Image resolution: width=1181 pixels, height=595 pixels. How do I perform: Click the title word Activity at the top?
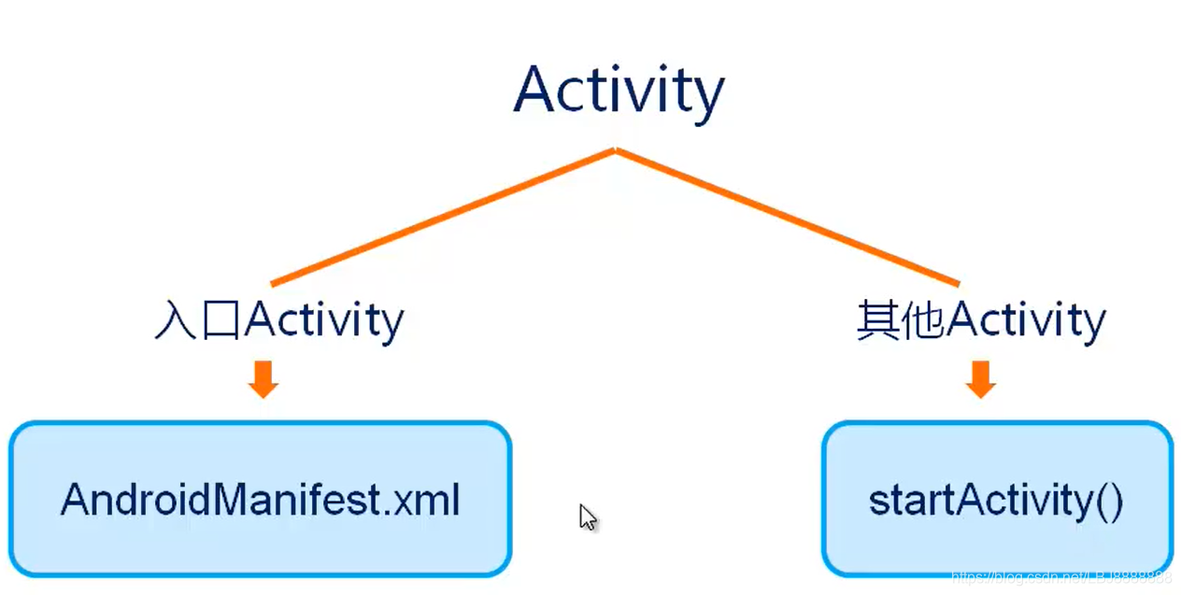619,90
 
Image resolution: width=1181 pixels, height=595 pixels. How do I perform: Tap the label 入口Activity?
278,320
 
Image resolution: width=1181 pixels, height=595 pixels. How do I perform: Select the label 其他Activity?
981,320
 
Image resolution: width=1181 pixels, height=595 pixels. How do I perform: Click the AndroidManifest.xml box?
260,499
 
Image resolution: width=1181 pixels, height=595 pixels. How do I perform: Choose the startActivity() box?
996,499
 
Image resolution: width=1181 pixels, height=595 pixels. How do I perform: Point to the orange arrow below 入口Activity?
263,378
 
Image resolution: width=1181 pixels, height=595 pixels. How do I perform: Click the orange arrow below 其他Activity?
980,378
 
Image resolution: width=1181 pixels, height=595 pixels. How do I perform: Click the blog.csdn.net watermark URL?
1060,577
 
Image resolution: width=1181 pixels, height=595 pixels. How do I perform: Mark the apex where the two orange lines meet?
615,149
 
